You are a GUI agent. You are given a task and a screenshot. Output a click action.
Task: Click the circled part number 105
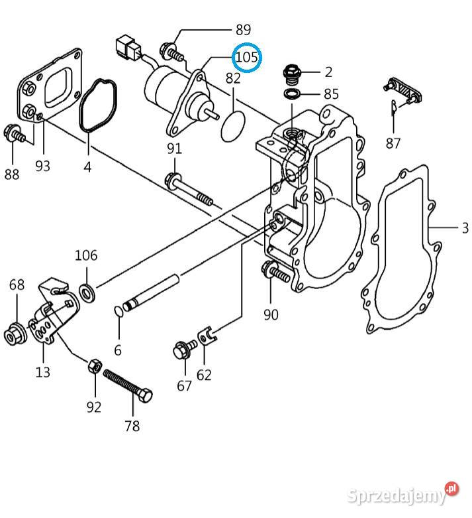(x=246, y=58)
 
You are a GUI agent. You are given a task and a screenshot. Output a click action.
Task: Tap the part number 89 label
(x=243, y=29)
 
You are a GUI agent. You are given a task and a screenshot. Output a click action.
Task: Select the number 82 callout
(x=233, y=78)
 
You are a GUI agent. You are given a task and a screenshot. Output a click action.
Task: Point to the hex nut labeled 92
(x=94, y=365)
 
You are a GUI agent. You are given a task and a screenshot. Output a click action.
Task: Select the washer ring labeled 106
(x=86, y=290)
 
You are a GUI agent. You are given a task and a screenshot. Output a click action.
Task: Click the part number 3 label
(x=465, y=228)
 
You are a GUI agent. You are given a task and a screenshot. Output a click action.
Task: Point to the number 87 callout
(x=393, y=143)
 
